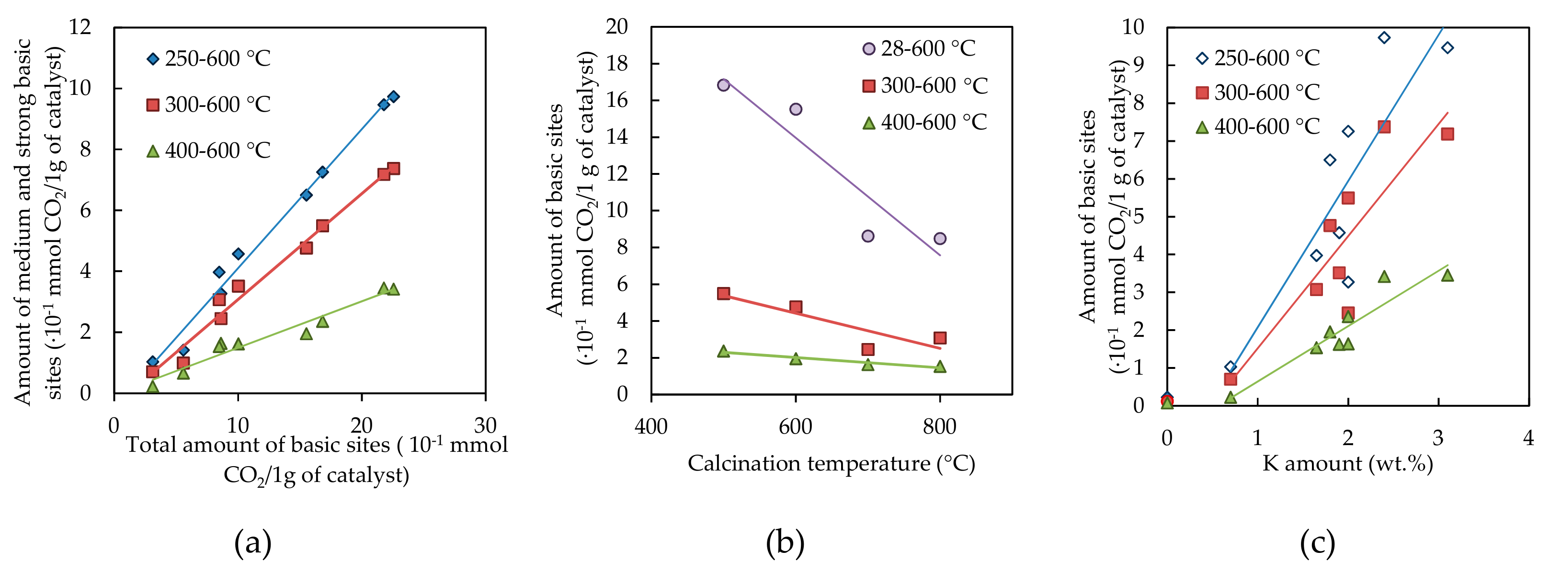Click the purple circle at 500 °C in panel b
pyautogui.click(x=723, y=85)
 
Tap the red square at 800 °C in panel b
pyautogui.click(x=940, y=338)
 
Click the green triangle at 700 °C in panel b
pyautogui.click(x=867, y=365)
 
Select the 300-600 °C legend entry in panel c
pyautogui.click(x=1257, y=92)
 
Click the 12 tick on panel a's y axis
pyautogui.click(x=80, y=27)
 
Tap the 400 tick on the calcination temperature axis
pyautogui.click(x=651, y=427)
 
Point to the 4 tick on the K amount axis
pyautogui.click(x=1528, y=438)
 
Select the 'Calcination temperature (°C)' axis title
pyautogui.click(x=831, y=463)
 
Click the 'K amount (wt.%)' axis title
pyautogui.click(x=1347, y=463)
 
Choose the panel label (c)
pyautogui.click(x=1317, y=543)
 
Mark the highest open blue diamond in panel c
pyautogui.click(x=1384, y=37)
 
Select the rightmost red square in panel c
pyautogui.click(x=1447, y=134)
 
